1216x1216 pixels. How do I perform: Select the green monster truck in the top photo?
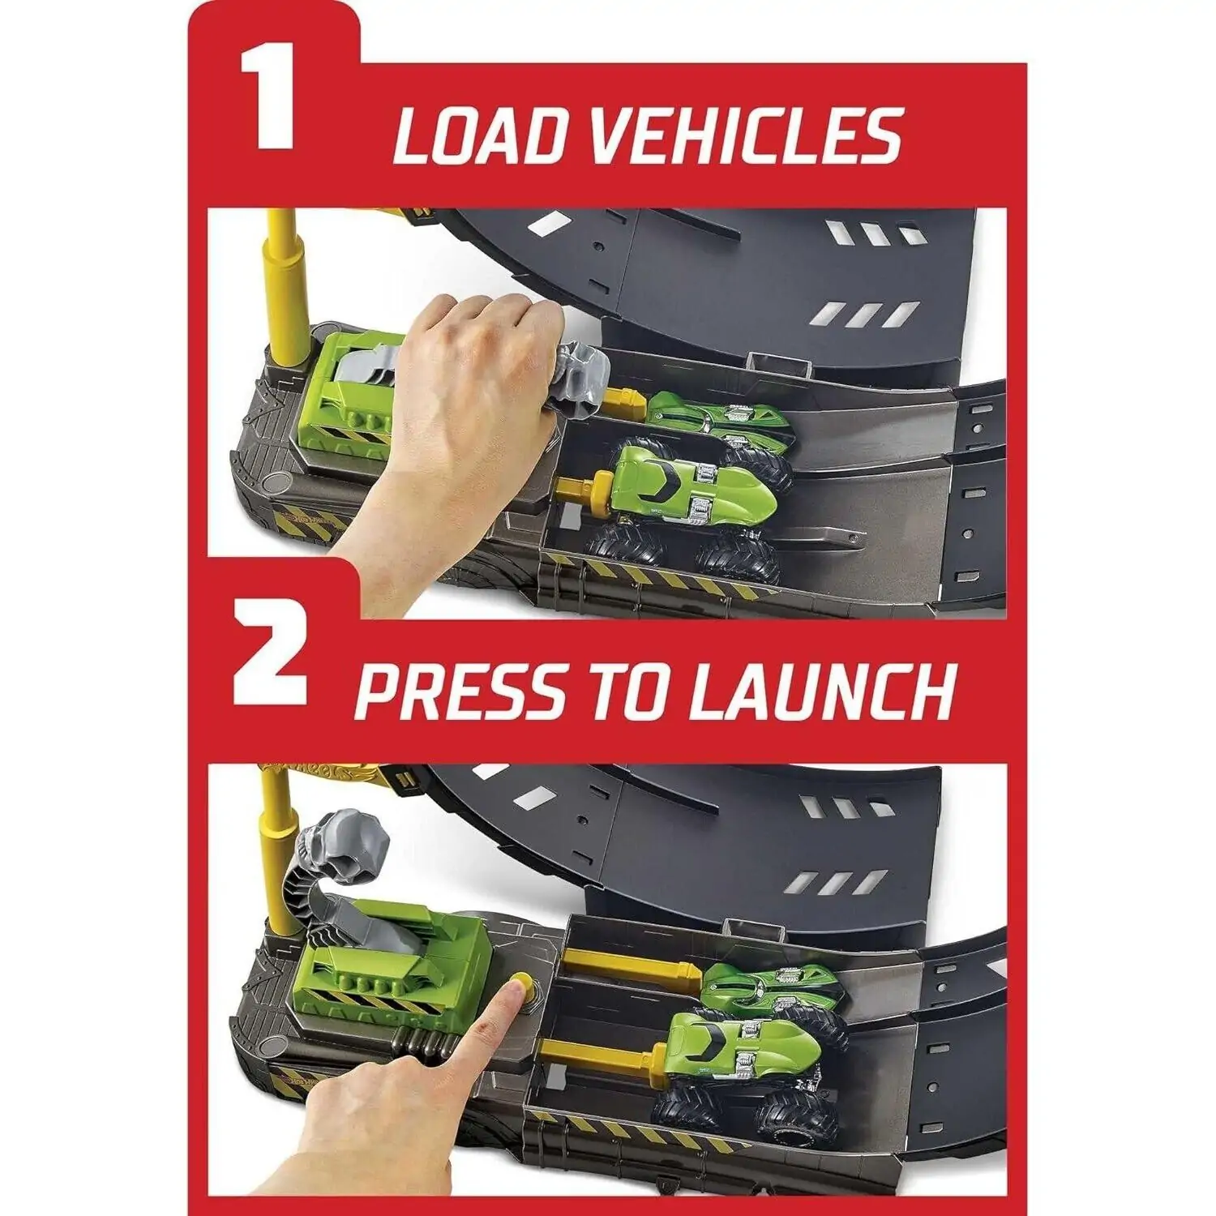(x=689, y=511)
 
